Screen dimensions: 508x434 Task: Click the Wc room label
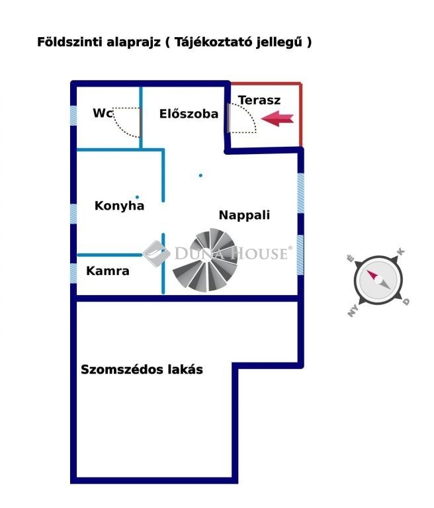pos(103,113)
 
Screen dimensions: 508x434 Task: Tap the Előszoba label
pos(189,114)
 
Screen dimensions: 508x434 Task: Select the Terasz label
pos(259,101)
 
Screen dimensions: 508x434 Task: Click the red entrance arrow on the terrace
pos(278,119)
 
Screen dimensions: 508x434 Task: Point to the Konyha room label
pos(119,206)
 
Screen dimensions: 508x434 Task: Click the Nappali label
pos(244,215)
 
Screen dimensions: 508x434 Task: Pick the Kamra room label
pos(108,271)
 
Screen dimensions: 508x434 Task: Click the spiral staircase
pos(205,261)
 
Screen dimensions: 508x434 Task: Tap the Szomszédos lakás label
pos(142,370)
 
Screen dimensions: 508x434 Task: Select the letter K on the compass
pos(400,252)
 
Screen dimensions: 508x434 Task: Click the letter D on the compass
pos(406,302)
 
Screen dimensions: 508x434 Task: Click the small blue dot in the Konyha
pos(138,196)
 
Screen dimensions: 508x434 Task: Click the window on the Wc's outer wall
pos(73,114)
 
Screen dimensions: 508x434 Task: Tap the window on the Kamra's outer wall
pos(73,272)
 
